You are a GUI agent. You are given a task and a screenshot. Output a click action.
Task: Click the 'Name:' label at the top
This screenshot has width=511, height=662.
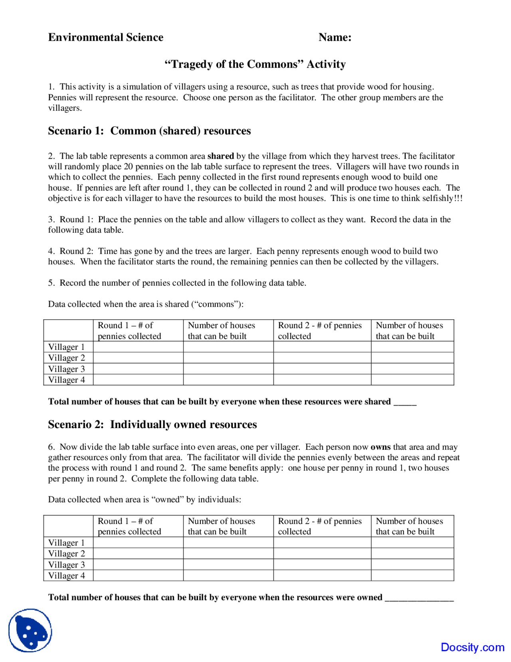click(x=335, y=38)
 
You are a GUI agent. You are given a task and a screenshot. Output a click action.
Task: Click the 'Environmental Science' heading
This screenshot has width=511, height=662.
click(x=106, y=38)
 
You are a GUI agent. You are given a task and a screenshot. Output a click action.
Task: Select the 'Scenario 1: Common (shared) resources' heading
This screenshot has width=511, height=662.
click(x=149, y=131)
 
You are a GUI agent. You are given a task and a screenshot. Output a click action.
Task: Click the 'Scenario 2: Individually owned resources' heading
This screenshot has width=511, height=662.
click(x=152, y=425)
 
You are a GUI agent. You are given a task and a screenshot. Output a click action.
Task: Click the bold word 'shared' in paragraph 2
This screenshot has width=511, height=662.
click(x=220, y=156)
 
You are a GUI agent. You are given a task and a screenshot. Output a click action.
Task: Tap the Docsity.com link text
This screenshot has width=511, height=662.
click(x=472, y=647)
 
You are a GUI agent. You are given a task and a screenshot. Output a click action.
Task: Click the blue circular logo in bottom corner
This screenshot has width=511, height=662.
click(x=30, y=630)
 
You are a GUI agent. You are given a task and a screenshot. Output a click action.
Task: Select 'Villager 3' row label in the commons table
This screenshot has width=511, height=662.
click(x=67, y=369)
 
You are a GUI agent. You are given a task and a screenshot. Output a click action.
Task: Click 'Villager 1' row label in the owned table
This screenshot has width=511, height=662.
click(x=67, y=543)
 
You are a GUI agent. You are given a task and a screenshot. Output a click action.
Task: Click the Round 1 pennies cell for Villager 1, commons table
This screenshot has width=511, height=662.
click(x=138, y=347)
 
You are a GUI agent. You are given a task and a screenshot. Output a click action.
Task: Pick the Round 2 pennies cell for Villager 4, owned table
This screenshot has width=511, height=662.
click(x=322, y=576)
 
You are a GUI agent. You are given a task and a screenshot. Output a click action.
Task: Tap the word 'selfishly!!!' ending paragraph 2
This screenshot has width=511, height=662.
click(x=443, y=199)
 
